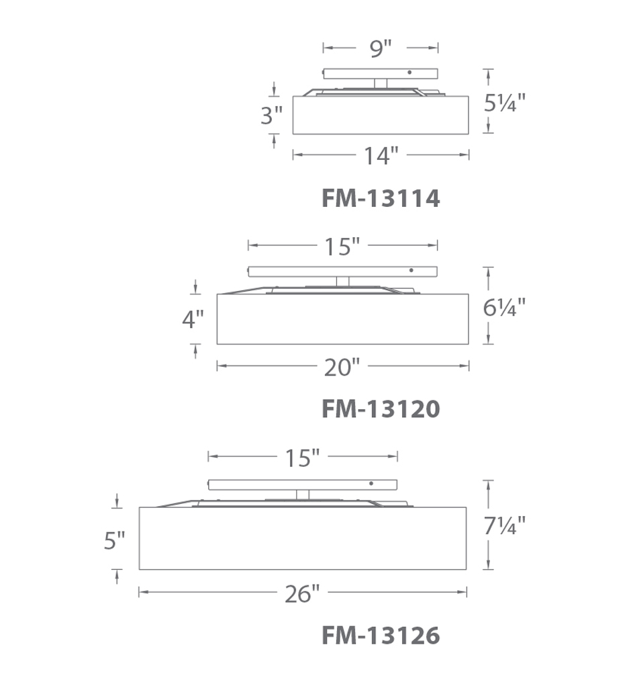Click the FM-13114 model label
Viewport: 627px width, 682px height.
(381, 198)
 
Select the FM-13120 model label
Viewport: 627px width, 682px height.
(381, 409)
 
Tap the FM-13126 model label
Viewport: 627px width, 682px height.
(381, 636)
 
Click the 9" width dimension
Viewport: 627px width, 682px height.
(381, 48)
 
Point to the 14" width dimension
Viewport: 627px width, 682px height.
(381, 155)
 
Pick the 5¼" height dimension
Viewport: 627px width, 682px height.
(504, 103)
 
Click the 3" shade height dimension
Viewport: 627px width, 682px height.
(272, 116)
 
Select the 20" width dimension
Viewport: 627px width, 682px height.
(342, 368)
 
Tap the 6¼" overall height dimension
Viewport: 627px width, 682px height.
(504, 308)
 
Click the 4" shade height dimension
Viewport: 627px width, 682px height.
(193, 320)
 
